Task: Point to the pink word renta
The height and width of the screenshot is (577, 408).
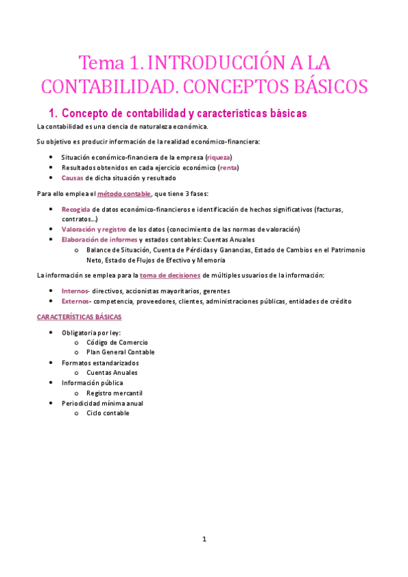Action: pos(228,167)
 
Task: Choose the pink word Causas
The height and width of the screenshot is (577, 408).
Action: pos(72,178)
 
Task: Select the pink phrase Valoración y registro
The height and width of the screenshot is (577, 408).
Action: pos(94,229)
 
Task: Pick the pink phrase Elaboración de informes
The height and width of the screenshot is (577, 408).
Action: pos(99,240)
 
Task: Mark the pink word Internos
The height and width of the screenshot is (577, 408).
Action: pos(76,291)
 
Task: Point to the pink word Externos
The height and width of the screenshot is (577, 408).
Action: pos(76,301)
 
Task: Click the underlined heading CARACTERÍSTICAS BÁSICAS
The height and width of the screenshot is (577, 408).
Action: pos(79,317)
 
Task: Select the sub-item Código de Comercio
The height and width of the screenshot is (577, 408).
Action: pos(116,342)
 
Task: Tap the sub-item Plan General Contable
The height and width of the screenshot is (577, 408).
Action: pos(120,352)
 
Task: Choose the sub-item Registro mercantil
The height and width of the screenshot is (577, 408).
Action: pos(114,393)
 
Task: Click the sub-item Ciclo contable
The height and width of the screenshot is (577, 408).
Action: pos(108,413)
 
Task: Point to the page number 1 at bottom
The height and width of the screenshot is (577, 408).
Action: pos(204,539)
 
